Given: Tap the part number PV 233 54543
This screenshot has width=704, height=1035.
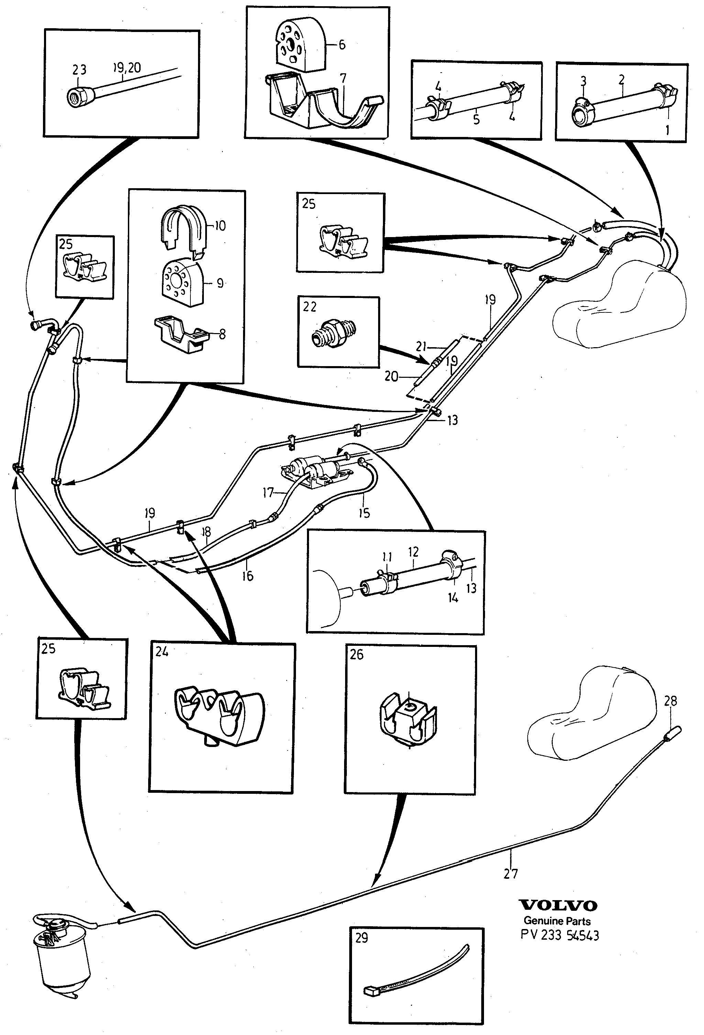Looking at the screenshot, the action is [560, 935].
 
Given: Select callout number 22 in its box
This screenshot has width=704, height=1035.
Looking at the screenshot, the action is [310, 307].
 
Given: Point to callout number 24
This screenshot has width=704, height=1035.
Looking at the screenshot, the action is [162, 652].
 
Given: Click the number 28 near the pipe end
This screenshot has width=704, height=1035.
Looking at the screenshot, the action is [670, 701].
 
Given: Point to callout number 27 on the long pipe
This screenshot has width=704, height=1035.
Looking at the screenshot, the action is [510, 874].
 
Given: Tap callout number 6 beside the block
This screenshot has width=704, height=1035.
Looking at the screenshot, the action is [342, 44].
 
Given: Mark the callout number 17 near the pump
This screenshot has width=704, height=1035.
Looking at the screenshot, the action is [268, 493].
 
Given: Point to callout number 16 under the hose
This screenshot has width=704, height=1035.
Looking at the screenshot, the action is [248, 576].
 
